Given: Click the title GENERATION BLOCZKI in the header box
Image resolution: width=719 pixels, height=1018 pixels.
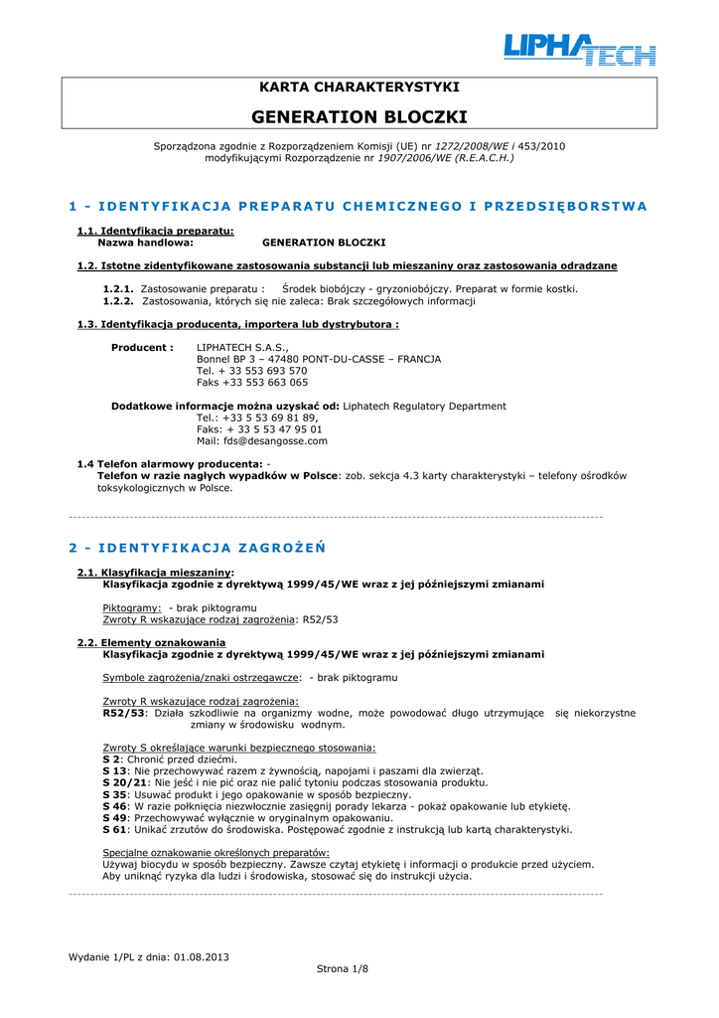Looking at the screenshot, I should (x=359, y=116).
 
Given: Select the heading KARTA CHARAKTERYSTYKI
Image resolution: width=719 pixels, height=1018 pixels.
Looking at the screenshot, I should (x=359, y=87).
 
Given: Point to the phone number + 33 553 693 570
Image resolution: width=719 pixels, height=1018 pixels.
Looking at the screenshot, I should (x=252, y=370).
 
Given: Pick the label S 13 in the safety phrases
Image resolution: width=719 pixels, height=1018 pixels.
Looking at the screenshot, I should (x=115, y=770).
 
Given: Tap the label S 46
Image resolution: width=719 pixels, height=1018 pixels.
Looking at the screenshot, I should (x=115, y=806).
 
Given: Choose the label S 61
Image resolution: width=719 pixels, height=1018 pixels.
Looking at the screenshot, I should (x=115, y=829).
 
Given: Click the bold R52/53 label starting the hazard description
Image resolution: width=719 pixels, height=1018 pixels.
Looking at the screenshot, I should (x=124, y=713).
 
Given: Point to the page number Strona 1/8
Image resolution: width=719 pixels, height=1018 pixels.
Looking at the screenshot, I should (x=342, y=967).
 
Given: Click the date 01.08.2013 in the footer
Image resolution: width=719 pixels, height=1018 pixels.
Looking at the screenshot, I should (x=201, y=956).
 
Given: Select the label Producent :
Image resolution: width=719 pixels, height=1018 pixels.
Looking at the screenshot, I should (x=142, y=347).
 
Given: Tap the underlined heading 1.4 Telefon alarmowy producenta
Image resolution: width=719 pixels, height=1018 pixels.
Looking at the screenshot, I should (x=169, y=464).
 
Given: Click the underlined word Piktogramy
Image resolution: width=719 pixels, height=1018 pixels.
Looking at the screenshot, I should (x=132, y=607).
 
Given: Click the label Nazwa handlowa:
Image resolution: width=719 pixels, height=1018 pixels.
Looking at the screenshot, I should (x=145, y=242).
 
